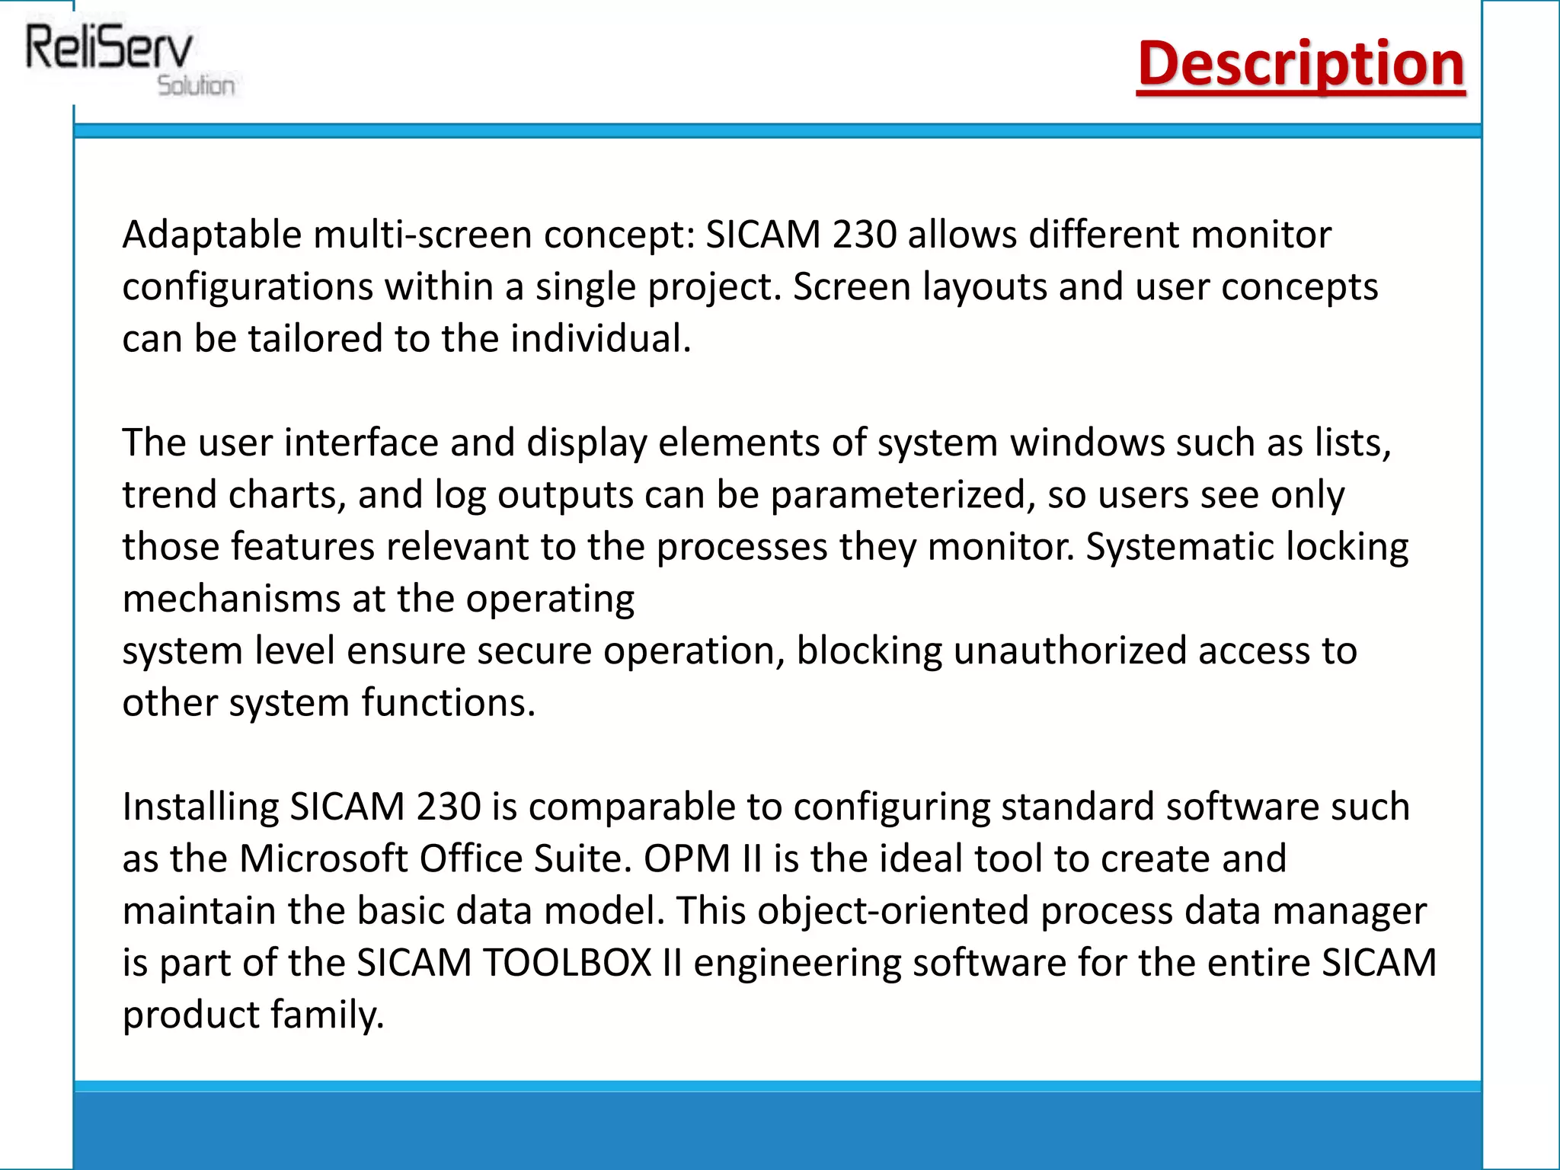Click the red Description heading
click(x=1300, y=64)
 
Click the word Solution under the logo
click(x=196, y=85)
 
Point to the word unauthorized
click(x=1069, y=651)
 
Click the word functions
click(x=448, y=703)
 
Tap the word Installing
click(x=200, y=807)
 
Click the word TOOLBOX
click(x=567, y=963)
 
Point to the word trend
click(x=169, y=495)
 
